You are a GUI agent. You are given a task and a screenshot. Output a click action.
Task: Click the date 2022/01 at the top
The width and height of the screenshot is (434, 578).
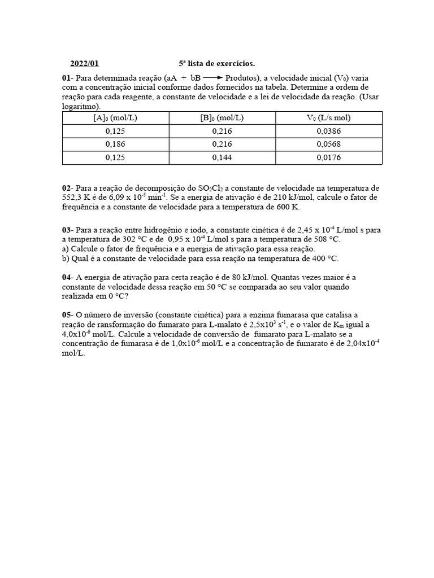click(x=84, y=64)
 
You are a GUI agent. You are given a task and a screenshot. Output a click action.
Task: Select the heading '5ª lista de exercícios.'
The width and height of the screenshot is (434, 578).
click(x=213, y=64)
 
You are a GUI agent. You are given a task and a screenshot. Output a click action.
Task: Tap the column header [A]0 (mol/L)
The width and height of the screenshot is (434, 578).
click(x=115, y=117)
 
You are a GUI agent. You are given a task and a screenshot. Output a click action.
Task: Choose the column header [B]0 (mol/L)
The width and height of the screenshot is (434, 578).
click(x=222, y=117)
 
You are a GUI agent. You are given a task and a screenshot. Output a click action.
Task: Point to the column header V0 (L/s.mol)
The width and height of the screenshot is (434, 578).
click(x=328, y=117)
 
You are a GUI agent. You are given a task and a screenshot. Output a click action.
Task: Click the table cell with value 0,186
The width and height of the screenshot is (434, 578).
click(x=115, y=144)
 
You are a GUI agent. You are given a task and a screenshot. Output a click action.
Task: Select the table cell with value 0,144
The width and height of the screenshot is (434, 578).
click(x=222, y=157)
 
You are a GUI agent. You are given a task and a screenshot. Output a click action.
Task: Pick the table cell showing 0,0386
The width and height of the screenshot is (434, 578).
click(x=328, y=130)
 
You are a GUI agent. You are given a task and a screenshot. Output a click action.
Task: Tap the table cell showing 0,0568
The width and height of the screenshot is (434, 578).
click(x=328, y=144)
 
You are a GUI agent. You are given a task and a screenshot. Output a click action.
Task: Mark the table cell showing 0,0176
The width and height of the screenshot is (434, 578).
click(x=328, y=157)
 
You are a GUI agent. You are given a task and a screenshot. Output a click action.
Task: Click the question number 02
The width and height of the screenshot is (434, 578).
click(x=66, y=188)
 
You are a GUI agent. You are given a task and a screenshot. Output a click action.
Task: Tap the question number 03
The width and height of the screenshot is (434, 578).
click(x=66, y=230)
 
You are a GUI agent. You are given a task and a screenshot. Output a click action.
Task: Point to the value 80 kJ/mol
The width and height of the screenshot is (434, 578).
click(x=226, y=277)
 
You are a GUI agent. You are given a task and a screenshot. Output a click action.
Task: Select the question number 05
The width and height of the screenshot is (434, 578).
click(x=66, y=314)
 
